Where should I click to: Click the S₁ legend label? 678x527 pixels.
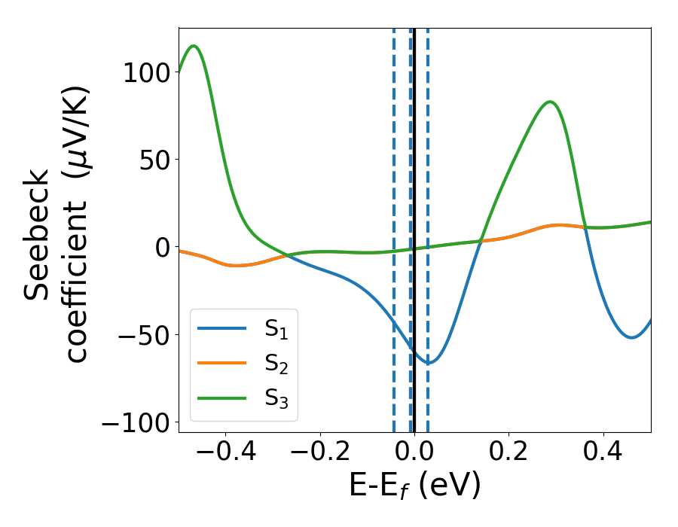(276, 329)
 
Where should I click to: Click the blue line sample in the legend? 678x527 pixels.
(221, 328)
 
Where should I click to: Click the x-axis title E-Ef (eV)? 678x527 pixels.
(414, 487)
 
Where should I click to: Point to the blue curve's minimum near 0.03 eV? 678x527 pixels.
(428, 363)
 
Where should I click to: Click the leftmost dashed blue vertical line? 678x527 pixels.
(394, 226)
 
